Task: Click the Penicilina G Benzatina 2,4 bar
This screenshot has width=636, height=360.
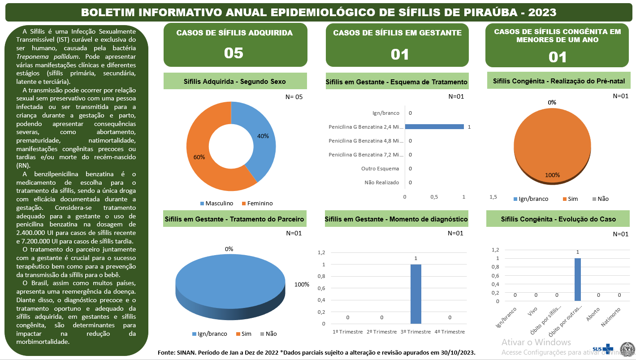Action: [x=434, y=127]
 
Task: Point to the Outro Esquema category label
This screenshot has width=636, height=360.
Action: [x=380, y=169]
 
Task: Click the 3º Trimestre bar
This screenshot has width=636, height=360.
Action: [x=415, y=294]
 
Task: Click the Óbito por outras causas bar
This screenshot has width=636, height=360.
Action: [x=578, y=279]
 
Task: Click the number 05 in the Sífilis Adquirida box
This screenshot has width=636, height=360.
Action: [x=234, y=53]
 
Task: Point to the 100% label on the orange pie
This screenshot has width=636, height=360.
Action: [x=552, y=175]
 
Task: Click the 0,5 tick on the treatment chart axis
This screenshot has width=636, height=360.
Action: [x=434, y=197]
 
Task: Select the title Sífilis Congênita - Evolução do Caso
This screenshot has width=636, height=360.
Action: [x=558, y=219]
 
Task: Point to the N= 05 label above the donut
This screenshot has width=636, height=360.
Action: [x=294, y=96]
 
